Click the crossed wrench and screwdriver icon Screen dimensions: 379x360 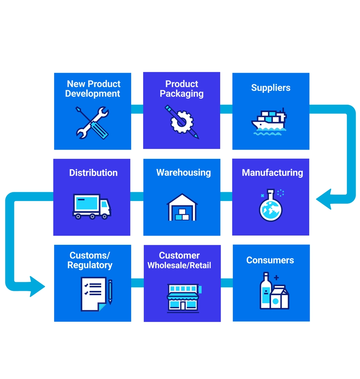92,123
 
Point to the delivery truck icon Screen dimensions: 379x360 92,207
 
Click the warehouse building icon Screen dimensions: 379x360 182,207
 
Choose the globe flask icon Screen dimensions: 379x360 271,205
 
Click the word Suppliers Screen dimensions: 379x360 271,88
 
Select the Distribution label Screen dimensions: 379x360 93,173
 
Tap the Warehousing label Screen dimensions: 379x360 183,173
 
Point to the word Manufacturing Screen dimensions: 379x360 272,173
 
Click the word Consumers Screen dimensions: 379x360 270,260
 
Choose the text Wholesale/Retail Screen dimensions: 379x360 179,266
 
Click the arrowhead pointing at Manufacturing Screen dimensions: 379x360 324,200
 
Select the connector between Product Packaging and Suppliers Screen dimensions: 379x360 226,109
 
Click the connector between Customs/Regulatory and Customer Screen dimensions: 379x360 137,283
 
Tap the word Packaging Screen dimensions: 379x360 182,94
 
